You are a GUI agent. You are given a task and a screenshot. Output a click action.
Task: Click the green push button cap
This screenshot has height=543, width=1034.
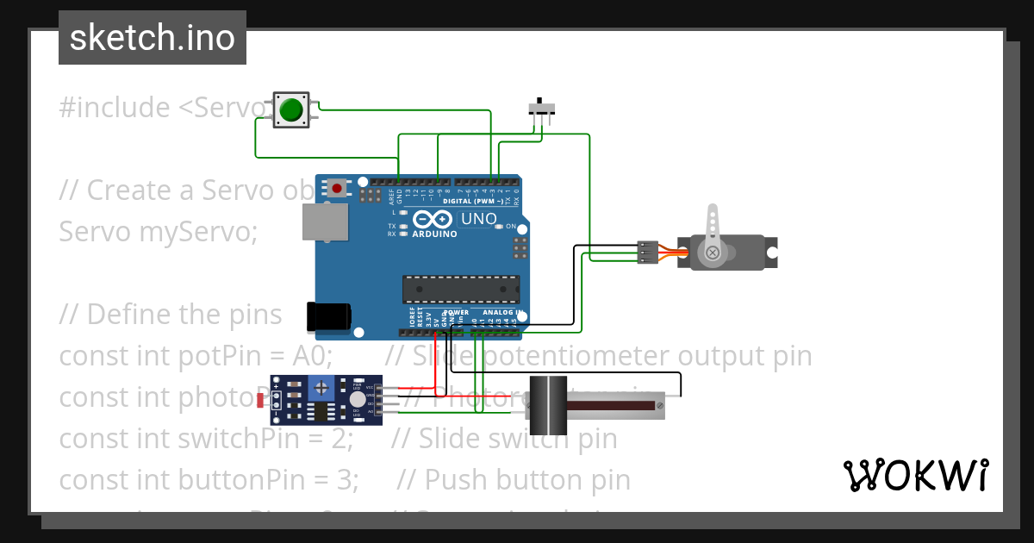coord(291,110)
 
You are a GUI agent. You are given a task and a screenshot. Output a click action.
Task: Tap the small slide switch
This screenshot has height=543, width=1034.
coord(541,109)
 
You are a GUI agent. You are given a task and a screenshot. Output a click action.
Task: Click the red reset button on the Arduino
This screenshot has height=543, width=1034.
coord(336,187)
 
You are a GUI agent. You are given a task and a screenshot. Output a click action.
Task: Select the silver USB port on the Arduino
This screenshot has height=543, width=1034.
coord(325,222)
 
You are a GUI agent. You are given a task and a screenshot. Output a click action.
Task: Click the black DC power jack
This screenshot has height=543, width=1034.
coord(328,316)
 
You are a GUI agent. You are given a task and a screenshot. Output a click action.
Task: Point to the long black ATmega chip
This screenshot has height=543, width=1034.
coord(461,290)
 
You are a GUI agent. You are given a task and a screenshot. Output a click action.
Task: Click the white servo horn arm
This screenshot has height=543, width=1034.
coord(712,233)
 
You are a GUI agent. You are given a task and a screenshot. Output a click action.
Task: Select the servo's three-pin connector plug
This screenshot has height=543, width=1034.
coord(647,252)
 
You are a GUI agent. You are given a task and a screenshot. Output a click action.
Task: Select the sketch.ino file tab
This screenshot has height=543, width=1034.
coord(153,38)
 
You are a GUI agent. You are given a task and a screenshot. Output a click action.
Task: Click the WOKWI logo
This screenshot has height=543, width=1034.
coord(915,475)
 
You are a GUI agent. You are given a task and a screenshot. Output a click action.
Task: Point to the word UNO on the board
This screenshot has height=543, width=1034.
coord(479,219)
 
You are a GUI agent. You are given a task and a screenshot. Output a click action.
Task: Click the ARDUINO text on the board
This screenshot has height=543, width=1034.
coord(434,234)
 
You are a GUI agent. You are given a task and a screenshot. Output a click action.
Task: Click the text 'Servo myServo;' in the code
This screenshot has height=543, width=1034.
coord(158,232)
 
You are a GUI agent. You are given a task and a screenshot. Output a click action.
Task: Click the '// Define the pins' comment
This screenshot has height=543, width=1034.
coord(170,315)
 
